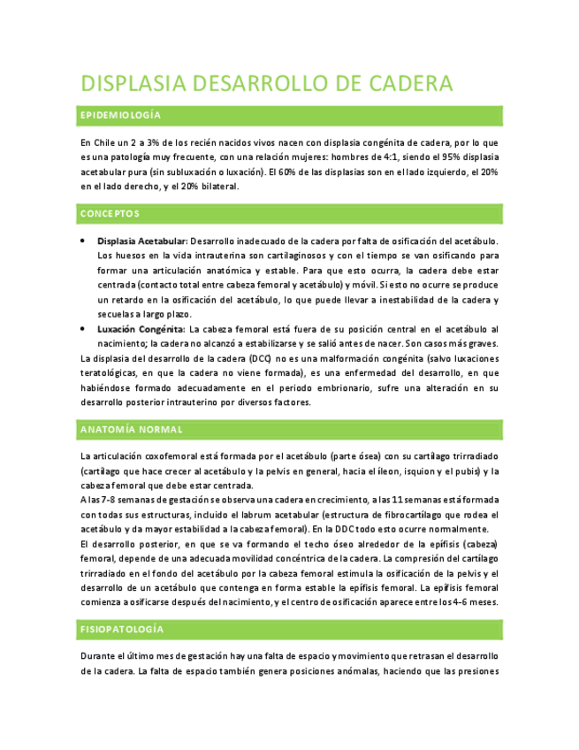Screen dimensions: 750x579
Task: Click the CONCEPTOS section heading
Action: (110, 213)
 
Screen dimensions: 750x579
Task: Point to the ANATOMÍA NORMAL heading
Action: (131, 429)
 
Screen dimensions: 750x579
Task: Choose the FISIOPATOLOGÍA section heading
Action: (122, 629)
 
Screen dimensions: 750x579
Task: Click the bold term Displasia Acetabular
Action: (141, 241)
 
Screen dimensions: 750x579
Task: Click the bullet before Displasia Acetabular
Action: (82, 241)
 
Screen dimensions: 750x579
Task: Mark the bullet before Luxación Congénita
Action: (82, 328)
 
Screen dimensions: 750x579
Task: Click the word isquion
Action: (420, 471)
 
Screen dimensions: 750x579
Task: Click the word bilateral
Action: (217, 187)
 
